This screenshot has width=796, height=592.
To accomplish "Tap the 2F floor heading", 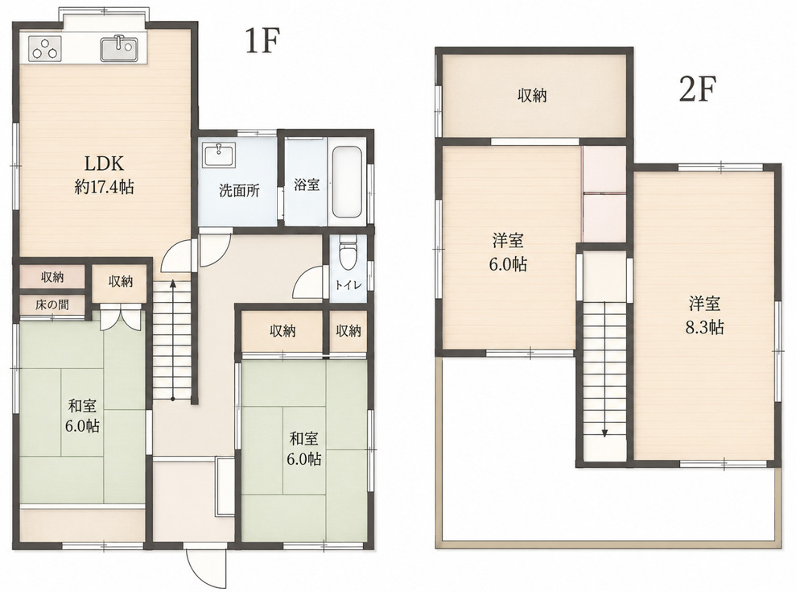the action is click(x=697, y=89).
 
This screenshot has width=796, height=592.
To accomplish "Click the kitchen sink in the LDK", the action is click(x=119, y=49).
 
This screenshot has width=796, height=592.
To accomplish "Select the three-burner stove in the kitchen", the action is click(x=45, y=49).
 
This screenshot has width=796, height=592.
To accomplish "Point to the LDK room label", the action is click(x=104, y=175).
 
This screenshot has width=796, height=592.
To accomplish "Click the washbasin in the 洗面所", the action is click(x=219, y=155).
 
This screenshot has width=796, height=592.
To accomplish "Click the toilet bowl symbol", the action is click(x=349, y=253).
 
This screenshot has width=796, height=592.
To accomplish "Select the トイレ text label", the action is click(x=349, y=285).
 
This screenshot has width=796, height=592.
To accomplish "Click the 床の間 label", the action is click(x=52, y=305).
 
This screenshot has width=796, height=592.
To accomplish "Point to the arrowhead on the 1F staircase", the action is click(x=172, y=284).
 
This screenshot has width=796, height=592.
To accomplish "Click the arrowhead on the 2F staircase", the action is click(x=604, y=433).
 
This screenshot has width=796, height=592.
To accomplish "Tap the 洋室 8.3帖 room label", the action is click(x=704, y=316).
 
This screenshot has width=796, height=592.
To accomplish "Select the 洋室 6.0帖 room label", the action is click(x=508, y=252).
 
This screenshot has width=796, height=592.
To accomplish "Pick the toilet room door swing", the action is click(x=307, y=284).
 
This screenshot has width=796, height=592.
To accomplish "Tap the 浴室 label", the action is click(x=307, y=184).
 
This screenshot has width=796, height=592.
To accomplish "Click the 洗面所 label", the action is click(x=240, y=191).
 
